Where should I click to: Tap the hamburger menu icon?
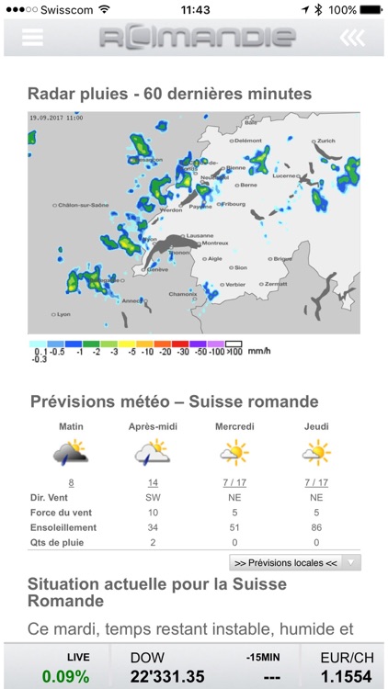pos(33,37)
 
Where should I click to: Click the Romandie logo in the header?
pos(198,38)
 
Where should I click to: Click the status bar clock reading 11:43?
pos(195,9)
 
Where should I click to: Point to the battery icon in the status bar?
pos(370,9)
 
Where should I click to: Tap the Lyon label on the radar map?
pos(63,314)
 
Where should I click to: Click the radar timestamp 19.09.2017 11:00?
pos(56,119)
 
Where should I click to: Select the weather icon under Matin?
pos(71,454)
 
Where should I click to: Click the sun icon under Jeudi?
pos(316,453)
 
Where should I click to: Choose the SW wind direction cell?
pos(152,497)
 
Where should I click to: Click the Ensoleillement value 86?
pos(316,527)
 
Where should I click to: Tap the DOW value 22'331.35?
pos(166,676)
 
